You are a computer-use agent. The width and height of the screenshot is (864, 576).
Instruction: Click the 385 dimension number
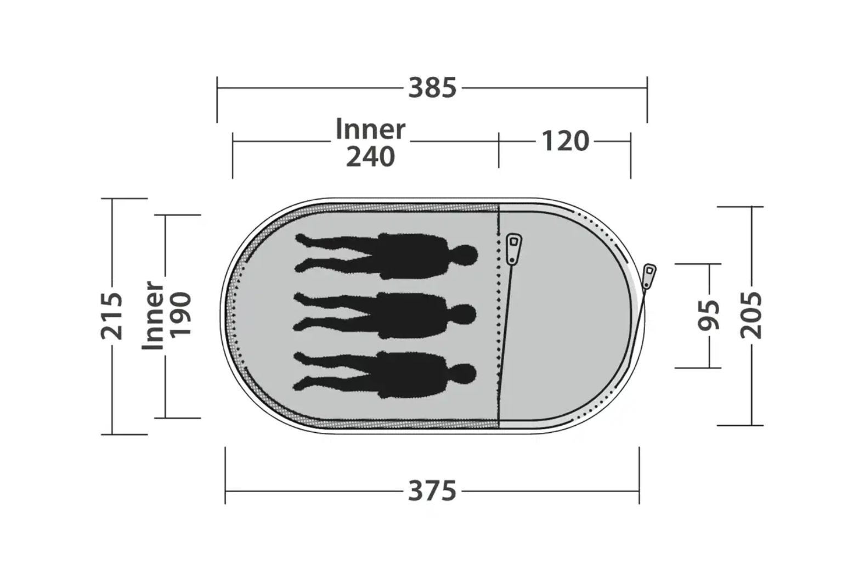[432, 88]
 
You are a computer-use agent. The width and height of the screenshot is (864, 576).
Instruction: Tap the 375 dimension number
[432, 491]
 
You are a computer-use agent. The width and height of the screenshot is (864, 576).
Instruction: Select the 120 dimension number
[566, 141]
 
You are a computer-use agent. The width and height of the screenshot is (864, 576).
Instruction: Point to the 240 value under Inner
[370, 156]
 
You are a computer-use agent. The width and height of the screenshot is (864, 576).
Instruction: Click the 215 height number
[112, 317]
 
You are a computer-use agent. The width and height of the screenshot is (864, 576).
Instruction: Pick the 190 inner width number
[180, 315]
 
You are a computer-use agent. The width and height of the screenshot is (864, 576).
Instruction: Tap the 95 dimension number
[709, 315]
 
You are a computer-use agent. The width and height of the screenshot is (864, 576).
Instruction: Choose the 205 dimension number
[752, 315]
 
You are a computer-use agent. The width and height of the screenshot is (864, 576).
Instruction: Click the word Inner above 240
[370, 129]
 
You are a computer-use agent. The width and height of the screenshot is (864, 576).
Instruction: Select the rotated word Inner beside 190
[153, 315]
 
